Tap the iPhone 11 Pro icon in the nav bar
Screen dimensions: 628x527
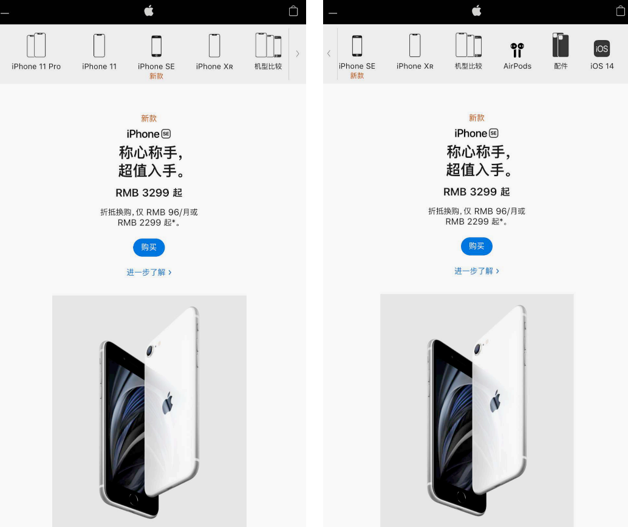36,46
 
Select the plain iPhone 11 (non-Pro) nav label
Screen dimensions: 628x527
100,66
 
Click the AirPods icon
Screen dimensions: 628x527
517,50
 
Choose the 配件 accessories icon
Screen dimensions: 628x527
561,46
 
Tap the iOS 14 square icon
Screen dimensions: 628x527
601,49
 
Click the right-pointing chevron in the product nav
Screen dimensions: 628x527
297,53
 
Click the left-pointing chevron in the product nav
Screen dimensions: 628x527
329,53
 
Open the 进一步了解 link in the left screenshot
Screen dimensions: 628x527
149,273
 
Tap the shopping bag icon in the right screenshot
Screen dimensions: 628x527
620,11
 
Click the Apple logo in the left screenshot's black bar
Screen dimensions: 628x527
149,11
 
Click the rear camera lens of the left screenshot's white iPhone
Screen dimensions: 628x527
150,351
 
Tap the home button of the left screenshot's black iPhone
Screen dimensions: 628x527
134,499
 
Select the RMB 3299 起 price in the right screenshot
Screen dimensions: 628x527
476,192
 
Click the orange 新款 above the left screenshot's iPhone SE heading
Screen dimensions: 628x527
149,118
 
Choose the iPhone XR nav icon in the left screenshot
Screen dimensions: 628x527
214,46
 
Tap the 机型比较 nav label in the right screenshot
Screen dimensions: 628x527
468,66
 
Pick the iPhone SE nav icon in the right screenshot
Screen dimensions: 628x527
357,46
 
